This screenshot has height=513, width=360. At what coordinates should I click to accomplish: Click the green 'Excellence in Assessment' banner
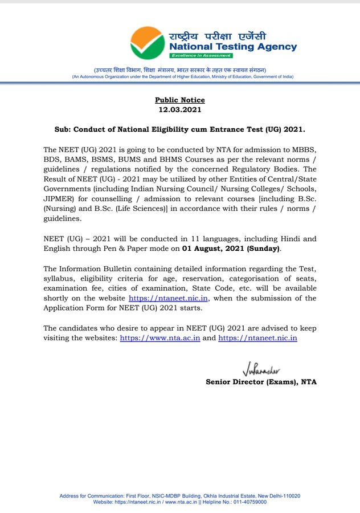pyautogui.click(x=201, y=56)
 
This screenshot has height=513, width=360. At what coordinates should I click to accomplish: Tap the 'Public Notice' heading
pyautogui.click(x=180, y=100)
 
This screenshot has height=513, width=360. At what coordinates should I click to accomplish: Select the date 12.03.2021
pyautogui.click(x=180, y=109)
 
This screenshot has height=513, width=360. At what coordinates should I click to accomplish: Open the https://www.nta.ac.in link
pyautogui.click(x=159, y=338)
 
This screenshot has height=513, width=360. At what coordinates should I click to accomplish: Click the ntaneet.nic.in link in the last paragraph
pyautogui.click(x=258, y=338)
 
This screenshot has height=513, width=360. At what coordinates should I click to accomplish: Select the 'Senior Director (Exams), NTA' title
pyautogui.click(x=261, y=381)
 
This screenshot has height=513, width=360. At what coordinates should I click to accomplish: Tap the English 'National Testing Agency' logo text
pyautogui.click(x=233, y=47)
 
